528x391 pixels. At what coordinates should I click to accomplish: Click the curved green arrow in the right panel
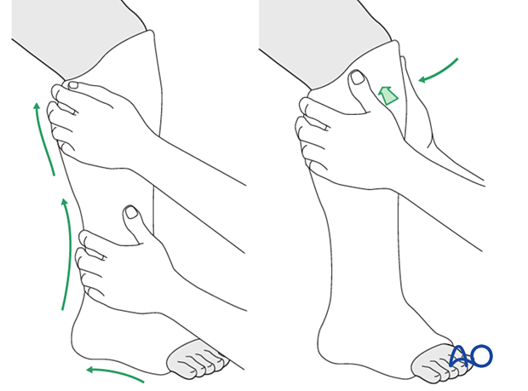point(438,70)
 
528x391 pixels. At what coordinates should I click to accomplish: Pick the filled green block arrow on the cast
point(387,95)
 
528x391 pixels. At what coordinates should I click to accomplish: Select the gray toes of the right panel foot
point(437,365)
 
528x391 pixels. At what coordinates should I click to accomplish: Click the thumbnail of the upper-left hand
point(73,84)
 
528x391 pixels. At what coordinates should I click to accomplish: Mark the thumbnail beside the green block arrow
point(357,78)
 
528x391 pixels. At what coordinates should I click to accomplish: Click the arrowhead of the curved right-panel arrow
point(422,79)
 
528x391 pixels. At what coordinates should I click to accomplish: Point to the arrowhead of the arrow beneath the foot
point(89,370)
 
